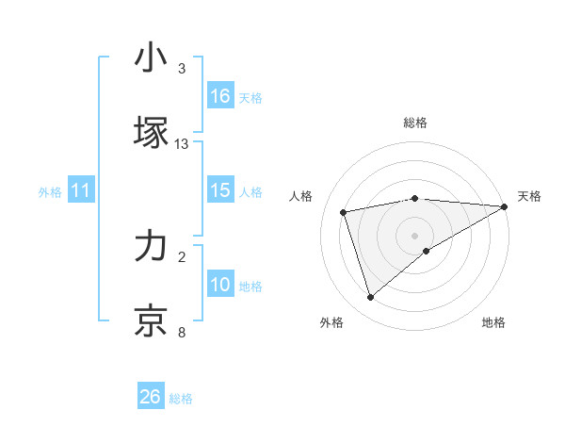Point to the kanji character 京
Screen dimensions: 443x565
pos(151,320)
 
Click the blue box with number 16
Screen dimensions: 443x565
pos(220,96)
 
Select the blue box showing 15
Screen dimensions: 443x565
pos(220,191)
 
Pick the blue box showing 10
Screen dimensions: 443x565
pos(220,286)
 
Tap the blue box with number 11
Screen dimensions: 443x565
pos(81,191)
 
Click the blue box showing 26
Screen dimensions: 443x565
pos(151,397)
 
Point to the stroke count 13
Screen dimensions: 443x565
pos(182,144)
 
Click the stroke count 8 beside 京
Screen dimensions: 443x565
pos(182,333)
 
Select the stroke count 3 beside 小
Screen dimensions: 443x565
pos(182,69)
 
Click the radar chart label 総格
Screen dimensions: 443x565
pos(415,123)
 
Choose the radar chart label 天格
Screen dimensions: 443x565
pos(530,196)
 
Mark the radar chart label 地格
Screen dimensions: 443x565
pos(493,323)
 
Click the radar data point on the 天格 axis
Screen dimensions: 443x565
pos(505,205)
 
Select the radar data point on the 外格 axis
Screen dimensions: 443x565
pos(370,298)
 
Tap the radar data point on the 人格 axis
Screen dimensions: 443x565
pos(344,211)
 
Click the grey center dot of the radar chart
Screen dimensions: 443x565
pos(415,235)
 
